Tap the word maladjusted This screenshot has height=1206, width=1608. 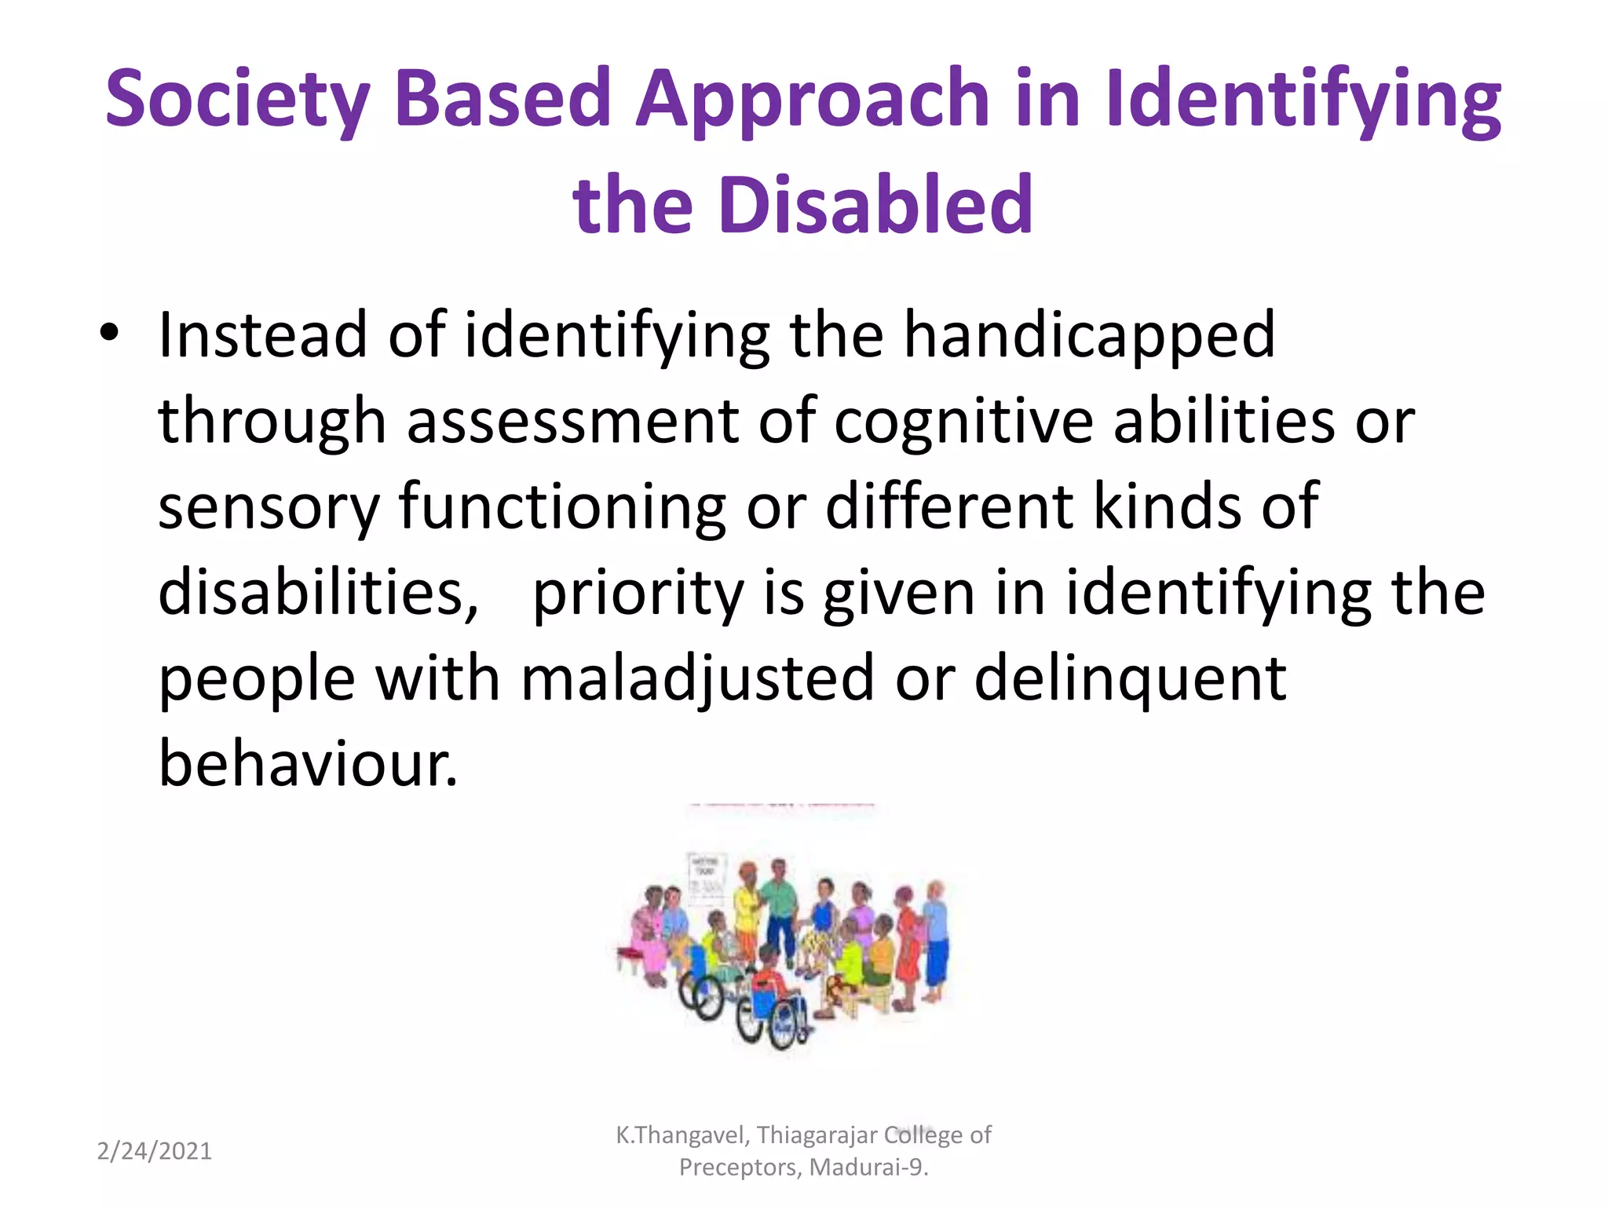click(697, 678)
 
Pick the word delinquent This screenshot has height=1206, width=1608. click(1131, 678)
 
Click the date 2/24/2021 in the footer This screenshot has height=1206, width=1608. click(155, 1151)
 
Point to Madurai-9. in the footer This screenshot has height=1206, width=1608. click(869, 1168)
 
